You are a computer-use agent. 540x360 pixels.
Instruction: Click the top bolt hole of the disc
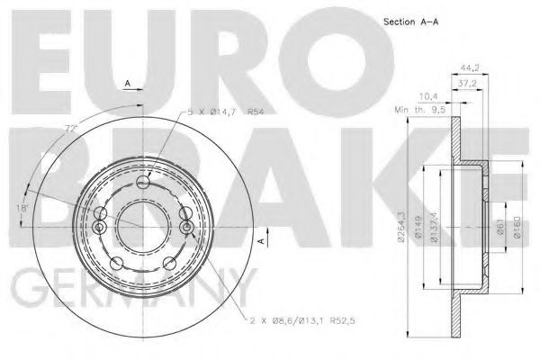click(x=142, y=184)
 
